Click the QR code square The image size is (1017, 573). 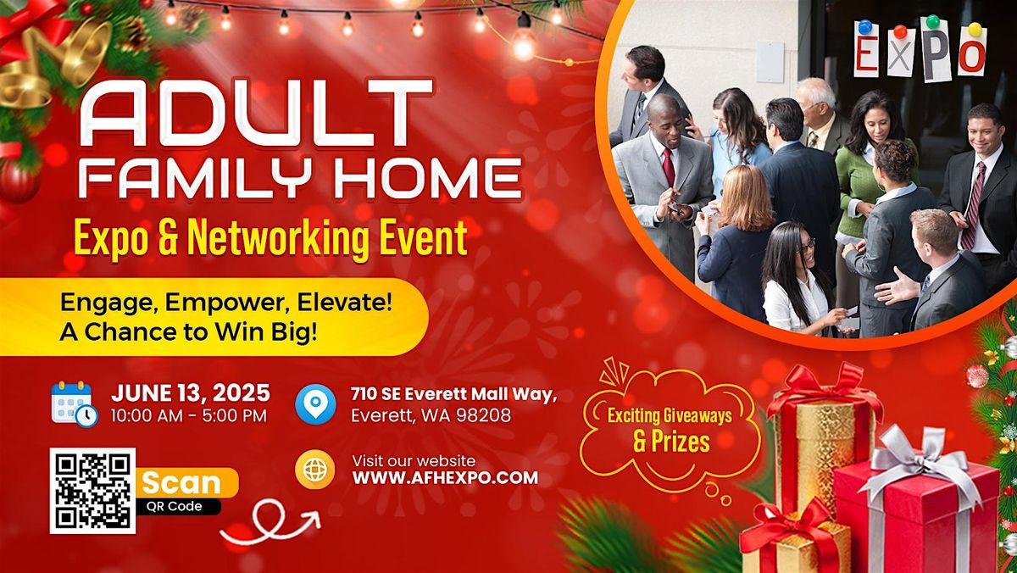point(92,491)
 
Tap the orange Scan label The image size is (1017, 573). point(181,483)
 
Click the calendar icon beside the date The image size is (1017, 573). point(74,403)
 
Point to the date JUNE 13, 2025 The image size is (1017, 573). point(191,393)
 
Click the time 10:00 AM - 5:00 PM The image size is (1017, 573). point(189,415)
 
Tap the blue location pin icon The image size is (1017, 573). point(315,404)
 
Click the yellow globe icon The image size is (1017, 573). point(315,470)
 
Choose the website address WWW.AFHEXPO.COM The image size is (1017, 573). point(445,478)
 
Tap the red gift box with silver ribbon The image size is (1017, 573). point(915,509)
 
